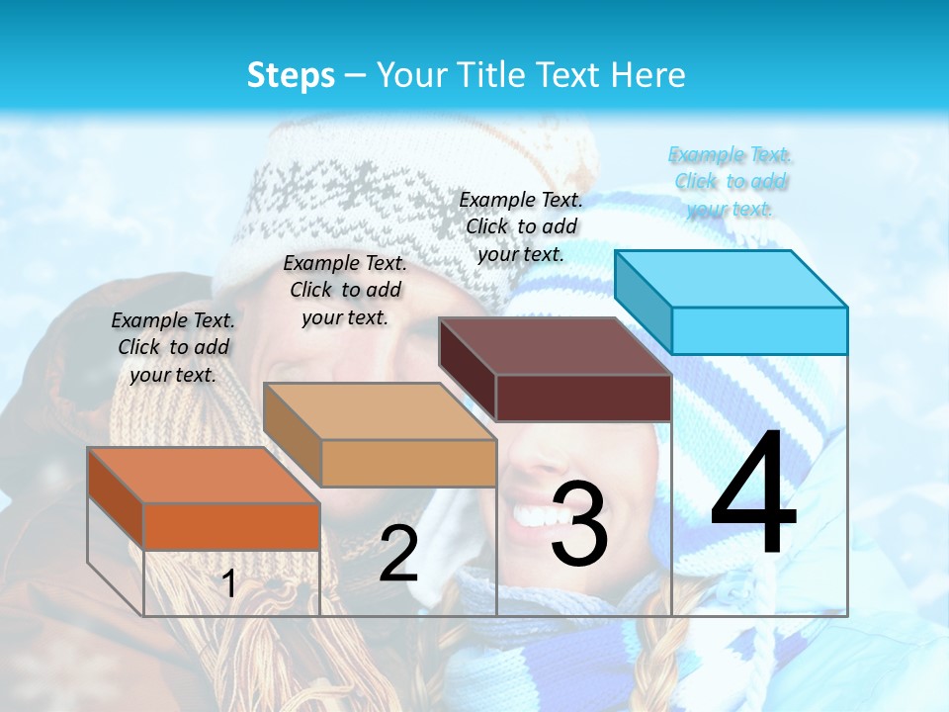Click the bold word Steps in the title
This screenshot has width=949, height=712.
291,75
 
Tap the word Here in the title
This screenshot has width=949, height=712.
648,75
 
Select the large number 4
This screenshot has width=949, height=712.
753,494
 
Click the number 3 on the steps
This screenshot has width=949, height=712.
578,524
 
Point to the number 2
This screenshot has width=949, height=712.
398,554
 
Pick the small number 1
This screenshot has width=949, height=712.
228,583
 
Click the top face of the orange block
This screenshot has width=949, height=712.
203,476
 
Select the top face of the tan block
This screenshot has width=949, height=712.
379,411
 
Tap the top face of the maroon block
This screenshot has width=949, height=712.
555,346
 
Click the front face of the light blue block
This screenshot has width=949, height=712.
759,330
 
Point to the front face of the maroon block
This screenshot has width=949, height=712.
583,399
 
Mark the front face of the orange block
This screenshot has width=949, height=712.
231,526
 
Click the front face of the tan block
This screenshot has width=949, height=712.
408,463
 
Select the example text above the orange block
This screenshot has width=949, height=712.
174,347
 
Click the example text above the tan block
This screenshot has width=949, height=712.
345,290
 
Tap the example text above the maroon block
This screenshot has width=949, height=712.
521,226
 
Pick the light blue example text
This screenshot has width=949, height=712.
731,181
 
